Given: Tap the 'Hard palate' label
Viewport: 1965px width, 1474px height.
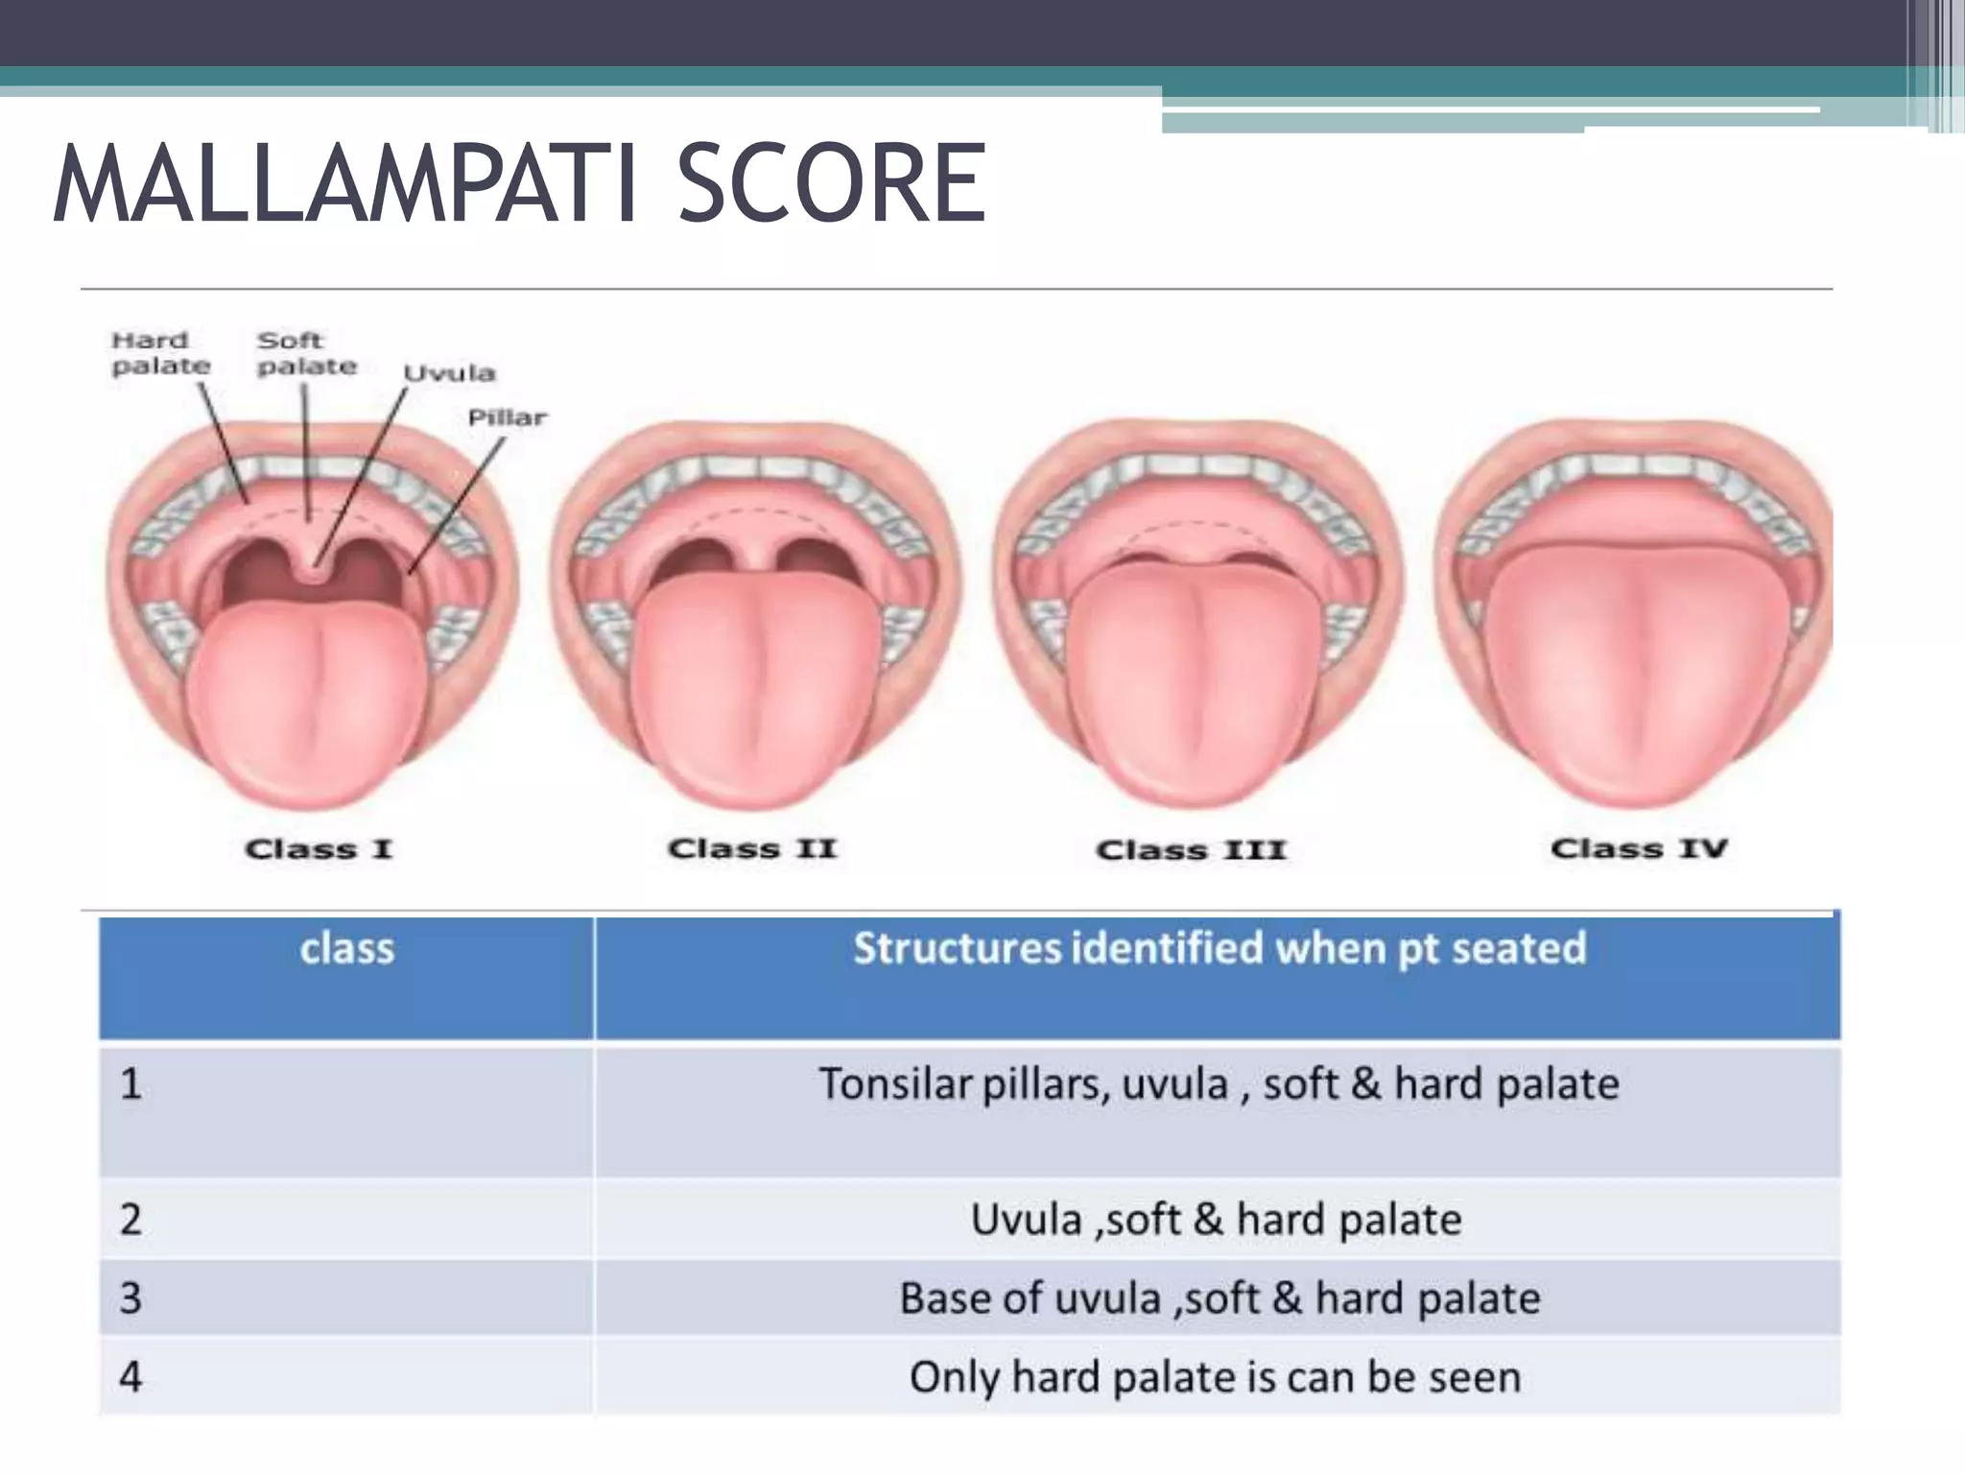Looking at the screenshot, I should tap(160, 353).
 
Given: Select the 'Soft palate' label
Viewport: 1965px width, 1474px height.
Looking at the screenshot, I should tap(306, 353).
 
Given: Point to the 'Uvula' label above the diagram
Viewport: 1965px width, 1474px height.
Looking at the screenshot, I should tap(449, 373).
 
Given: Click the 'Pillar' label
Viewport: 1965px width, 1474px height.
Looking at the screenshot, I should tap(507, 417).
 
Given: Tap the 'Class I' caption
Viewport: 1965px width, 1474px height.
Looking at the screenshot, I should tap(319, 849).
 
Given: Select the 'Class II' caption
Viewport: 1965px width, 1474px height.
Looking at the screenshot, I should tap(752, 849).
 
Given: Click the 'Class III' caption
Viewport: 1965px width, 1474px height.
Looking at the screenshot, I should tap(1190, 850).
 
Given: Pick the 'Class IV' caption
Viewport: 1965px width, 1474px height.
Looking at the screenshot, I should tap(1639, 848).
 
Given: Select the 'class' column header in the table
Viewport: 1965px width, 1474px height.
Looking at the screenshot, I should tap(346, 949).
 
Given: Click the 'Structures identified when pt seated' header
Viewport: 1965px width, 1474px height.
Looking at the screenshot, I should tap(1219, 948).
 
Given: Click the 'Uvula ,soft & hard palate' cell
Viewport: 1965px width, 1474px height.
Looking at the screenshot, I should tap(1216, 1220).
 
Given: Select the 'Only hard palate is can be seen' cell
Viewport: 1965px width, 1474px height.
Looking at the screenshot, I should tap(1215, 1377).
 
